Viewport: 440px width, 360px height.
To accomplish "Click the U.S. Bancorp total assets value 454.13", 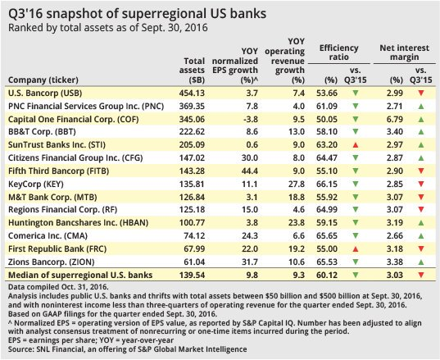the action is [x=192, y=93].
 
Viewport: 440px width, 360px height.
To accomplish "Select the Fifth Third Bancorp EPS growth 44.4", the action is [x=249, y=171].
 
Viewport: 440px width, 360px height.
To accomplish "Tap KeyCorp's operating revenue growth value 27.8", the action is [x=297, y=185].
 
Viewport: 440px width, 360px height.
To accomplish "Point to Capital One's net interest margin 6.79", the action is [x=395, y=120].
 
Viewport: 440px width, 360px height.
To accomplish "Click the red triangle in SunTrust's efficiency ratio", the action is [x=356, y=145].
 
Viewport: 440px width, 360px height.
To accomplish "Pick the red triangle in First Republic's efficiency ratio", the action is [x=356, y=249].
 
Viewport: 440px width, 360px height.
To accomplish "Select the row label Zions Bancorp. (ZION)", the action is [x=52, y=262].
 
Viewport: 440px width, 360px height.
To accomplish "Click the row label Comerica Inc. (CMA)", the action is [x=48, y=236].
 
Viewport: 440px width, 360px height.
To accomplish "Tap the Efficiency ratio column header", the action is [x=338, y=52].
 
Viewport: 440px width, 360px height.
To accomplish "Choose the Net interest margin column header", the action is [x=405, y=52].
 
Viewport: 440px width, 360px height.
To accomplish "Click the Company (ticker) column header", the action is [x=43, y=80].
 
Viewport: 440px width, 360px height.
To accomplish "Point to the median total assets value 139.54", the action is [x=192, y=275].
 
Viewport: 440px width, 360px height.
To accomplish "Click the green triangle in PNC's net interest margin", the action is [x=421, y=107].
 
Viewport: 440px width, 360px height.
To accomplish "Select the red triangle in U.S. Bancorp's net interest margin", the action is [x=421, y=93].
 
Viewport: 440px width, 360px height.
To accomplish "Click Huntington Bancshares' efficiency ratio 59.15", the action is [x=327, y=223].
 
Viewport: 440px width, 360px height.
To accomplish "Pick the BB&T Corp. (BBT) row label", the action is [x=42, y=132].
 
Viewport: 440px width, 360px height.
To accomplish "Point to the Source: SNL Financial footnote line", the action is [x=128, y=349].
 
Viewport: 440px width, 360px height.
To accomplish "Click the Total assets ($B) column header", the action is [x=192, y=71].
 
